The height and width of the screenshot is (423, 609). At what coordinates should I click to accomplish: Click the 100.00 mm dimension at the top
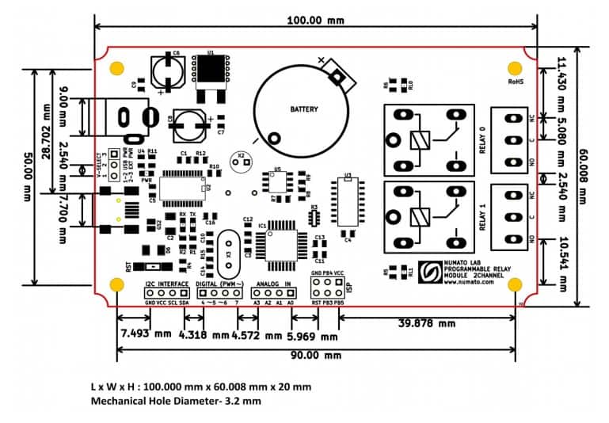point(314,18)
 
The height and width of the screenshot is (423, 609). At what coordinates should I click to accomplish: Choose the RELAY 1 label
point(481,216)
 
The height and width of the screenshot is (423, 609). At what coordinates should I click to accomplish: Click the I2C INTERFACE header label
point(166,283)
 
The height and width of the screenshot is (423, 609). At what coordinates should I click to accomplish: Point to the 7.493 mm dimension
point(146,333)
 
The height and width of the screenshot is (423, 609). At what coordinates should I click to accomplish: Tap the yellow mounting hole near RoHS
point(516,67)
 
